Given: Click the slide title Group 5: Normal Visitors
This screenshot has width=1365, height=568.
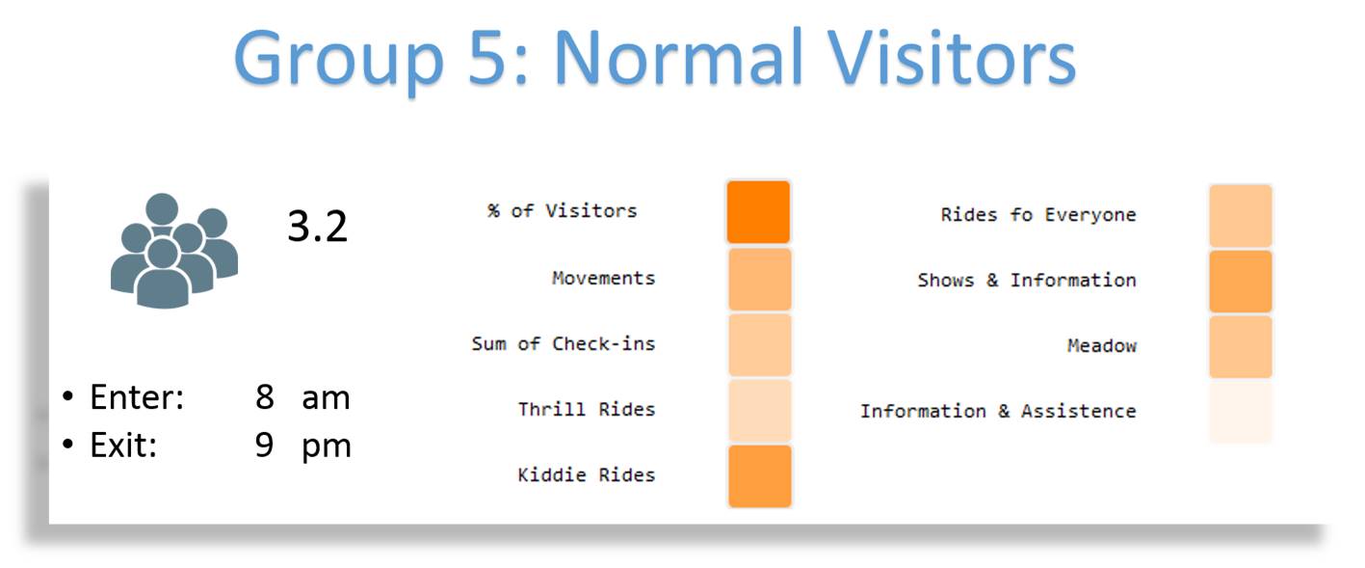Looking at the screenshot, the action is (x=654, y=59).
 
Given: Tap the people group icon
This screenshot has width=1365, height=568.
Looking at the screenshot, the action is (x=174, y=251).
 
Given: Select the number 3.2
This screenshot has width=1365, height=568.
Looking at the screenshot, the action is (x=318, y=227).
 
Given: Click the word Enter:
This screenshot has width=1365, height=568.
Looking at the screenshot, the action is (x=137, y=397).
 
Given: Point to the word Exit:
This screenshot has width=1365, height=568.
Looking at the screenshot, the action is (x=123, y=446).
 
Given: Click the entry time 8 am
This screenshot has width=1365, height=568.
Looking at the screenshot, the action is (x=302, y=397).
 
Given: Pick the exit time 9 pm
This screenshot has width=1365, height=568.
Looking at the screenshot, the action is (x=302, y=446).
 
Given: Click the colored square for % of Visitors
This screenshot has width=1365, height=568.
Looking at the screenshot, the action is (x=759, y=212).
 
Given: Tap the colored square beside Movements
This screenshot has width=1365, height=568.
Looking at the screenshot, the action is (x=760, y=279).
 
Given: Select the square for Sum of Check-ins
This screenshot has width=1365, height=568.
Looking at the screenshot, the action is (x=760, y=344).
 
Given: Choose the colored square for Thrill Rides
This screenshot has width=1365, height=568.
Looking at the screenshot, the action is (x=760, y=410).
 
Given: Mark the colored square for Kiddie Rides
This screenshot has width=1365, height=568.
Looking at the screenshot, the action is (x=760, y=475).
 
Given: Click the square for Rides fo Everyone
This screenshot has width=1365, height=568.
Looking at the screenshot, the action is (x=1241, y=215).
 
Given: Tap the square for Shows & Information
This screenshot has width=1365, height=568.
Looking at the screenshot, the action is (x=1241, y=282).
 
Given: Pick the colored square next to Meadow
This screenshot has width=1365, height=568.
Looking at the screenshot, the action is (x=1241, y=346).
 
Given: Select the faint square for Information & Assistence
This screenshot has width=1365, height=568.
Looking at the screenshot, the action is (x=1241, y=412).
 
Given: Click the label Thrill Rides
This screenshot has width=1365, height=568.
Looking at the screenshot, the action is (x=587, y=409).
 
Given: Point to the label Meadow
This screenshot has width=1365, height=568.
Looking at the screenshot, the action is (x=1102, y=346).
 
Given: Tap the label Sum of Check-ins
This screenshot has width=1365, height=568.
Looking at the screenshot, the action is (x=564, y=343).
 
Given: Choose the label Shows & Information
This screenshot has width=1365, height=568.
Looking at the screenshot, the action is (x=1027, y=280).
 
